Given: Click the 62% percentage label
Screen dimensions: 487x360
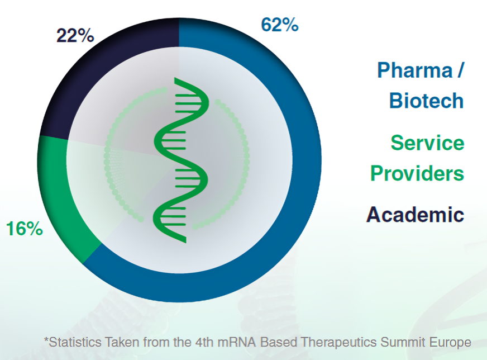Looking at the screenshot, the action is (280, 25).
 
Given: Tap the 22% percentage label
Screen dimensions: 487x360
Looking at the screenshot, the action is (75, 35).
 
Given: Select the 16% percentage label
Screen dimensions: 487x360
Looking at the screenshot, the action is (24, 229).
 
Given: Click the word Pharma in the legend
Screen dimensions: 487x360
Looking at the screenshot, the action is (415, 70).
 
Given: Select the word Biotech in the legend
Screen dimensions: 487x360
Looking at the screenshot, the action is (427, 101).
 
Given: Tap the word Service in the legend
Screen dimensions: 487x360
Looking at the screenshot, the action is (427, 143).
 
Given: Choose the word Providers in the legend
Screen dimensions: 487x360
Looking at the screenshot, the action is (417, 173).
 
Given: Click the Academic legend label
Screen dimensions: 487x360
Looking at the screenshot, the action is (416, 215).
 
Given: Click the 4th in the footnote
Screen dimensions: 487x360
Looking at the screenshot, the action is (204, 342).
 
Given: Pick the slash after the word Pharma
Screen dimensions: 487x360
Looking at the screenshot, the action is (460, 70).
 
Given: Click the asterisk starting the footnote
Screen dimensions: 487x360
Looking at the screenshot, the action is (46, 339).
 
